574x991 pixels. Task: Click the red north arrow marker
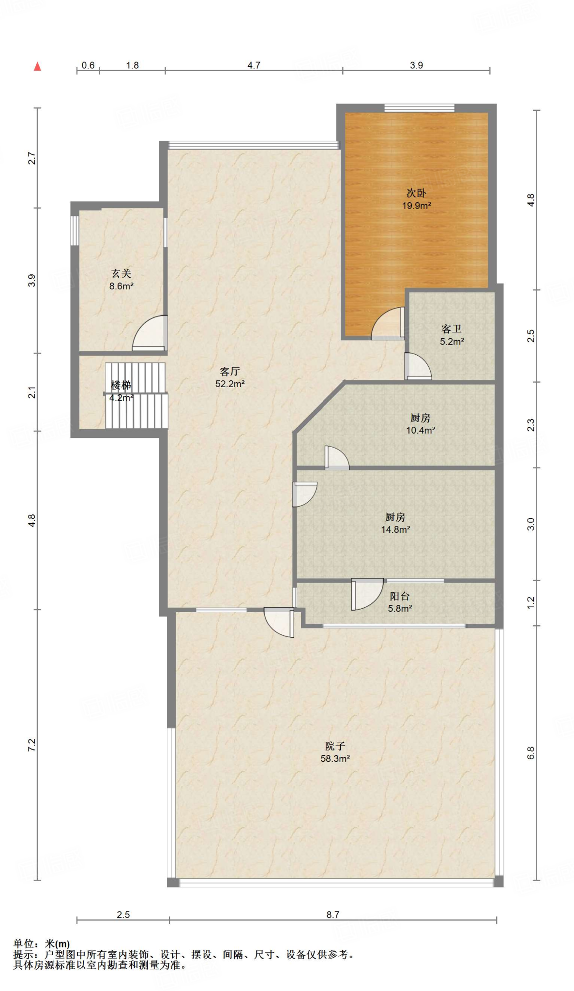pyautogui.click(x=37, y=67)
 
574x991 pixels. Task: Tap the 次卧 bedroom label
pyautogui.click(x=416, y=193)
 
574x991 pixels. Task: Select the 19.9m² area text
pyautogui.click(x=416, y=206)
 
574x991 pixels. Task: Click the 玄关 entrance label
pyautogui.click(x=121, y=274)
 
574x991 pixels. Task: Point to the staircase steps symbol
pyautogui.click(x=136, y=395)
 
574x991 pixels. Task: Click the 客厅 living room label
pyautogui.click(x=230, y=372)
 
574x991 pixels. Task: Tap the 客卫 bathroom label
pyautogui.click(x=452, y=329)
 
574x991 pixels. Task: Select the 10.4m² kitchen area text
pyautogui.click(x=421, y=430)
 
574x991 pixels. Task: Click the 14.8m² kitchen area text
pyautogui.click(x=395, y=529)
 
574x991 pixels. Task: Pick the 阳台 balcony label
pyautogui.click(x=400, y=597)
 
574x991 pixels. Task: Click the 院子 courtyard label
pyautogui.click(x=335, y=746)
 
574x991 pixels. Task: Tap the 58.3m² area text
pyautogui.click(x=335, y=759)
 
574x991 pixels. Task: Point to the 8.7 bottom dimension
pyautogui.click(x=333, y=915)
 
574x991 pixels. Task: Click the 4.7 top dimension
pyautogui.click(x=254, y=65)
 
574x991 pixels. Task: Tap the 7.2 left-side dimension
pyautogui.click(x=31, y=745)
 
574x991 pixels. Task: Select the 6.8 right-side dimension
pyautogui.click(x=531, y=753)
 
